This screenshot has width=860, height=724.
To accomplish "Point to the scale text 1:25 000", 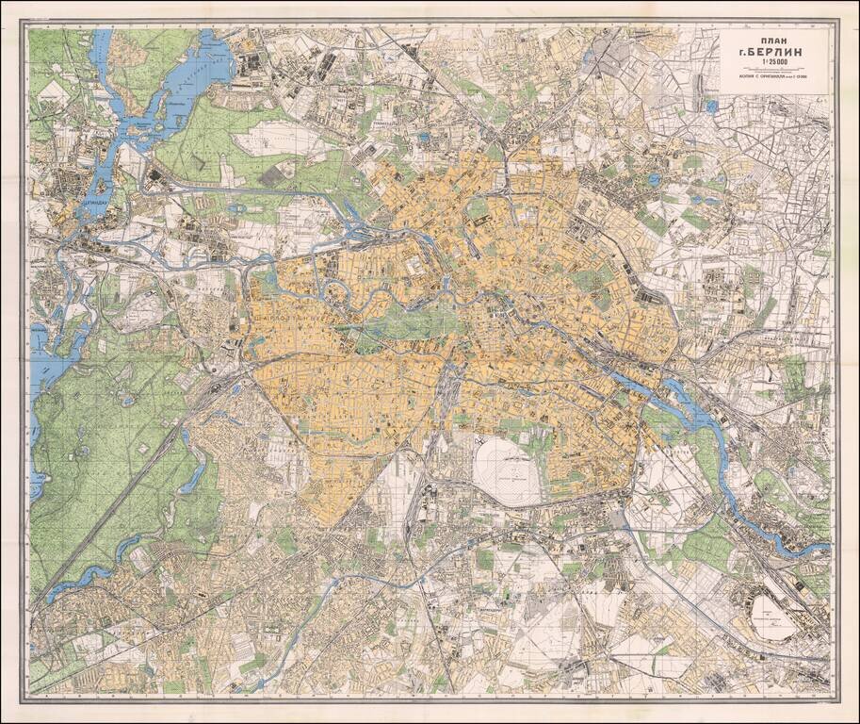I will click(774, 67).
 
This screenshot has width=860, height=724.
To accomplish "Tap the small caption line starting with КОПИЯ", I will click(774, 80).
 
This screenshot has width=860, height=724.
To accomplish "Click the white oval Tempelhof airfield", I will click(507, 469).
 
